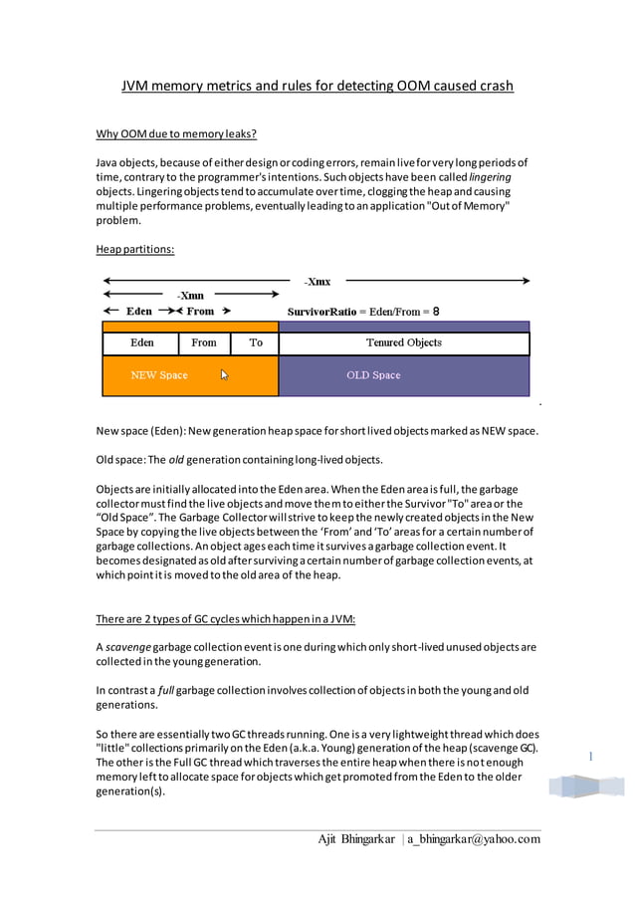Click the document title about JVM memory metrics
pyautogui.click(x=317, y=86)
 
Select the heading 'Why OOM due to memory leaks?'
pyautogui.click(x=176, y=134)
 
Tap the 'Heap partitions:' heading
pyautogui.click(x=134, y=249)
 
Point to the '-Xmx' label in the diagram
pyautogui.click(x=317, y=282)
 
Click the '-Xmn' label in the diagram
pyautogui.click(x=190, y=296)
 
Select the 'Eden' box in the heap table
pyautogui.click(x=141, y=342)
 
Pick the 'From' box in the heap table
pyautogui.click(x=204, y=342)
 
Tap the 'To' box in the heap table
pyautogui.click(x=256, y=342)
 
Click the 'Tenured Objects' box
pyautogui.click(x=403, y=342)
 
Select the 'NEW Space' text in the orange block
pyautogui.click(x=159, y=375)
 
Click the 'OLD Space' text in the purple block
pyautogui.click(x=373, y=375)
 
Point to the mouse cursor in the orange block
pyautogui.click(x=225, y=375)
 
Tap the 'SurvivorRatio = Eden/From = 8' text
pyautogui.click(x=363, y=312)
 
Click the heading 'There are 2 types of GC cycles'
pyautogui.click(x=225, y=618)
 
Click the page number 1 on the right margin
pyautogui.click(x=590, y=757)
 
